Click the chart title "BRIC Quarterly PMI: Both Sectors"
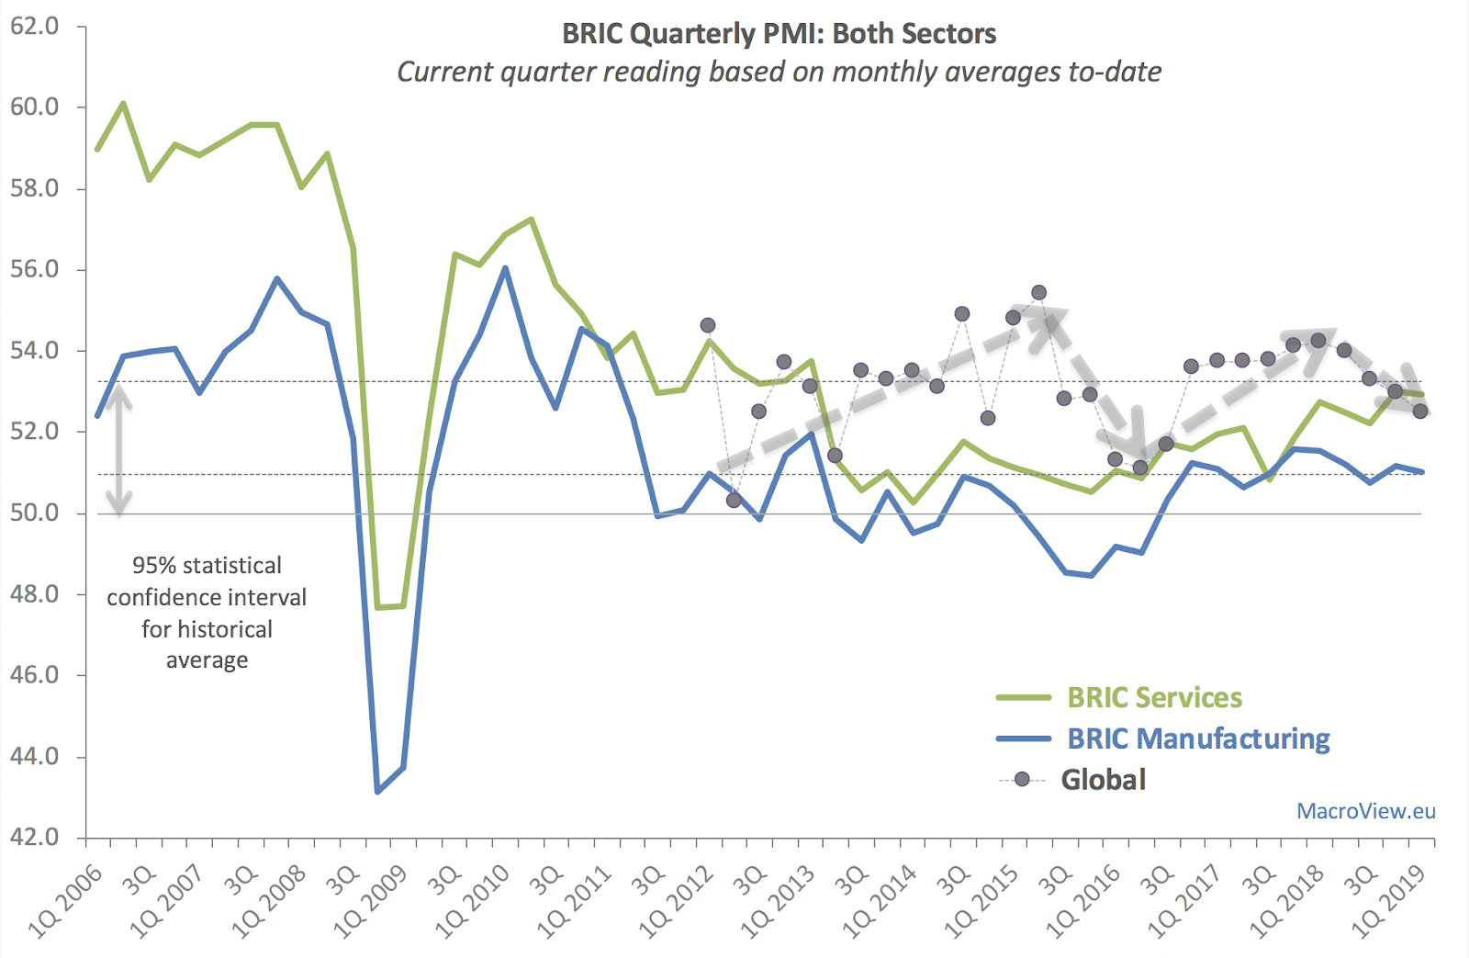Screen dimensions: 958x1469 [779, 34]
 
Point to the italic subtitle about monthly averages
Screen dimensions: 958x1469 [779, 72]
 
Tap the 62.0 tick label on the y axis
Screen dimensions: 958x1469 [34, 26]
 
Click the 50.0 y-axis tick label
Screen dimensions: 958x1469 [34, 513]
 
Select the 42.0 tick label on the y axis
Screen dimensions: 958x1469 [34, 837]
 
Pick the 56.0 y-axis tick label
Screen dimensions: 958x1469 [34, 269]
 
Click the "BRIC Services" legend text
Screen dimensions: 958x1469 [1154, 698]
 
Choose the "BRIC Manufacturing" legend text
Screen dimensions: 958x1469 [1198, 738]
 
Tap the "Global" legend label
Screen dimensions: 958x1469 [1104, 780]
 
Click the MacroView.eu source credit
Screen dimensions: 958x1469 [1365, 811]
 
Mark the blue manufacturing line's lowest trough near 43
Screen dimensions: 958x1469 [378, 791]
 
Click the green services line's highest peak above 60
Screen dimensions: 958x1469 [123, 104]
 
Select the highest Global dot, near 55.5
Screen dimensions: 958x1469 [1038, 293]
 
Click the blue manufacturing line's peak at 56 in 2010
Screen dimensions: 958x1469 [505, 268]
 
